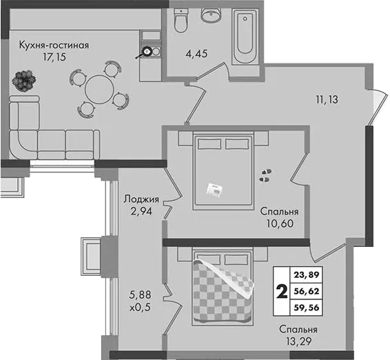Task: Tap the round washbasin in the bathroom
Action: pyautogui.click(x=211, y=15)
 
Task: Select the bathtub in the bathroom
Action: pyautogui.click(x=245, y=37)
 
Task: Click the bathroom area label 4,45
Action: pyautogui.click(x=196, y=54)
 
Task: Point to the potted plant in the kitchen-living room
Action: pyautogui.click(x=24, y=81)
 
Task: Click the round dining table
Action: pyautogui.click(x=99, y=90)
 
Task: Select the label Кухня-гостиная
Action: pyautogui.click(x=54, y=46)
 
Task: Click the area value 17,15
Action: pyautogui.click(x=54, y=57)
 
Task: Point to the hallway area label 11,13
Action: pyautogui.click(x=327, y=99)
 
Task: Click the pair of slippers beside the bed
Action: pyautogui.click(x=265, y=175)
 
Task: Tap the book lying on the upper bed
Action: pyautogui.click(x=214, y=190)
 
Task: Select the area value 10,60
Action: pyautogui.click(x=280, y=223)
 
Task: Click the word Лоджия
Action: pyautogui.click(x=141, y=199)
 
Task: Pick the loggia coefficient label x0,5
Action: pyautogui.click(x=141, y=308)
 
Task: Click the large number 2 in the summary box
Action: pyautogui.click(x=282, y=291)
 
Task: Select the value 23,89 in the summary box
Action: pyautogui.click(x=307, y=275)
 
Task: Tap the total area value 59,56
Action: pyautogui.click(x=307, y=308)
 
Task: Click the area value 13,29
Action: pyautogui.click(x=299, y=341)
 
